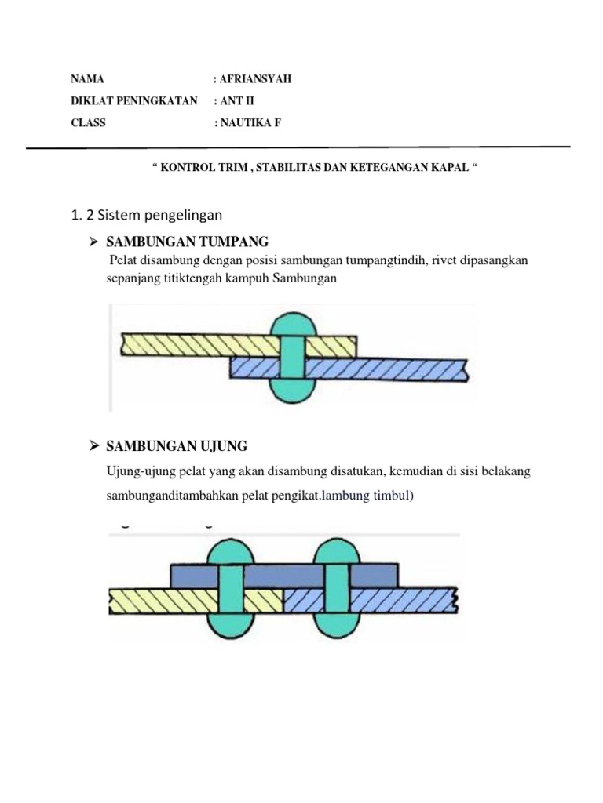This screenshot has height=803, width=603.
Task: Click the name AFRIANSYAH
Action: point(255,79)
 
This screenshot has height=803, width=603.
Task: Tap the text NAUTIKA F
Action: point(250,123)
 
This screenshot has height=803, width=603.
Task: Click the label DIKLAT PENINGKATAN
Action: point(133,101)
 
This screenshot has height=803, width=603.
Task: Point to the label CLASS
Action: point(88,123)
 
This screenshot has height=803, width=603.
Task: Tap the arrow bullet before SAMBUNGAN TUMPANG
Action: point(93,241)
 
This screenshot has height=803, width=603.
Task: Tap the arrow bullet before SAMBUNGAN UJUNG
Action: point(93,446)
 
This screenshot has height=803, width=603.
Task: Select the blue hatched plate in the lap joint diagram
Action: point(393,369)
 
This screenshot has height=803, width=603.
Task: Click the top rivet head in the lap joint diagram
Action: point(292,324)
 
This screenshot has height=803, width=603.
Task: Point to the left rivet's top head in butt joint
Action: point(230,551)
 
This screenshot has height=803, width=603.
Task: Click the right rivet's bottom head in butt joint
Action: point(337,624)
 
